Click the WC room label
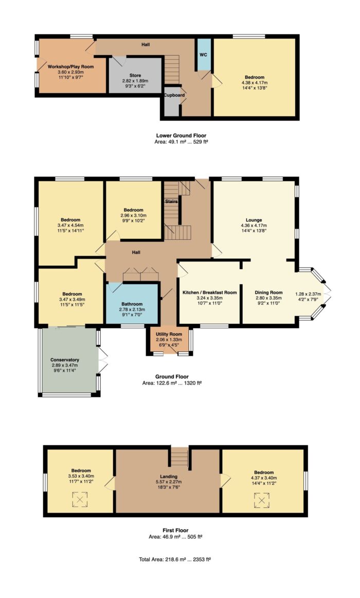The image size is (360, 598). click(x=204, y=55)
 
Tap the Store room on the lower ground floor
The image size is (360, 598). click(x=135, y=76)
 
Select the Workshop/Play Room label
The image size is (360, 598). click(x=70, y=67)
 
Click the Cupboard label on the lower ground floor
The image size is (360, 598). click(x=174, y=95)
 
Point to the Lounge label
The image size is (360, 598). click(x=254, y=220)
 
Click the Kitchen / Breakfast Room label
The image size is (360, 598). click(x=209, y=292)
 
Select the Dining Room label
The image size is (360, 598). click(x=268, y=292)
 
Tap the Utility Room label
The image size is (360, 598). click(x=169, y=334)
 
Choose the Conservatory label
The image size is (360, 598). click(x=65, y=360)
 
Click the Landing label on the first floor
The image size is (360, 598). click(x=168, y=477)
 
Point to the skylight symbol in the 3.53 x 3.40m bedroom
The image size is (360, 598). click(x=80, y=499)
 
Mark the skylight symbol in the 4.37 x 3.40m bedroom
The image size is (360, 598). click(x=262, y=500)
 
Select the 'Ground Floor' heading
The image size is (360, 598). click(x=172, y=377)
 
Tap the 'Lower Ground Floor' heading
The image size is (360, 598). click(x=182, y=135)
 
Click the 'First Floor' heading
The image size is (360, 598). click(x=175, y=530)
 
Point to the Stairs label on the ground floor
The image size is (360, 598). click(x=171, y=201)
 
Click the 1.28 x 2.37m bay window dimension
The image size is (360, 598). click(x=308, y=294)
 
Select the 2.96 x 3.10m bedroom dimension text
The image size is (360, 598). click(x=133, y=215)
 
